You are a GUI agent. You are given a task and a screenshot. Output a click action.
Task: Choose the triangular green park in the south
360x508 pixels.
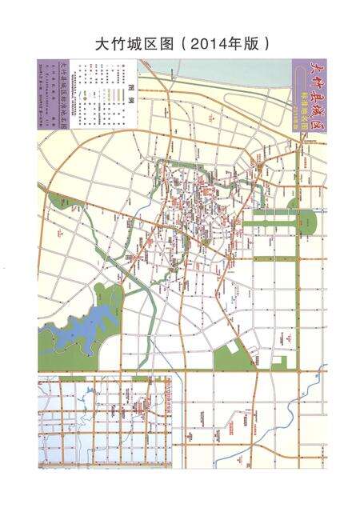(233, 355)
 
